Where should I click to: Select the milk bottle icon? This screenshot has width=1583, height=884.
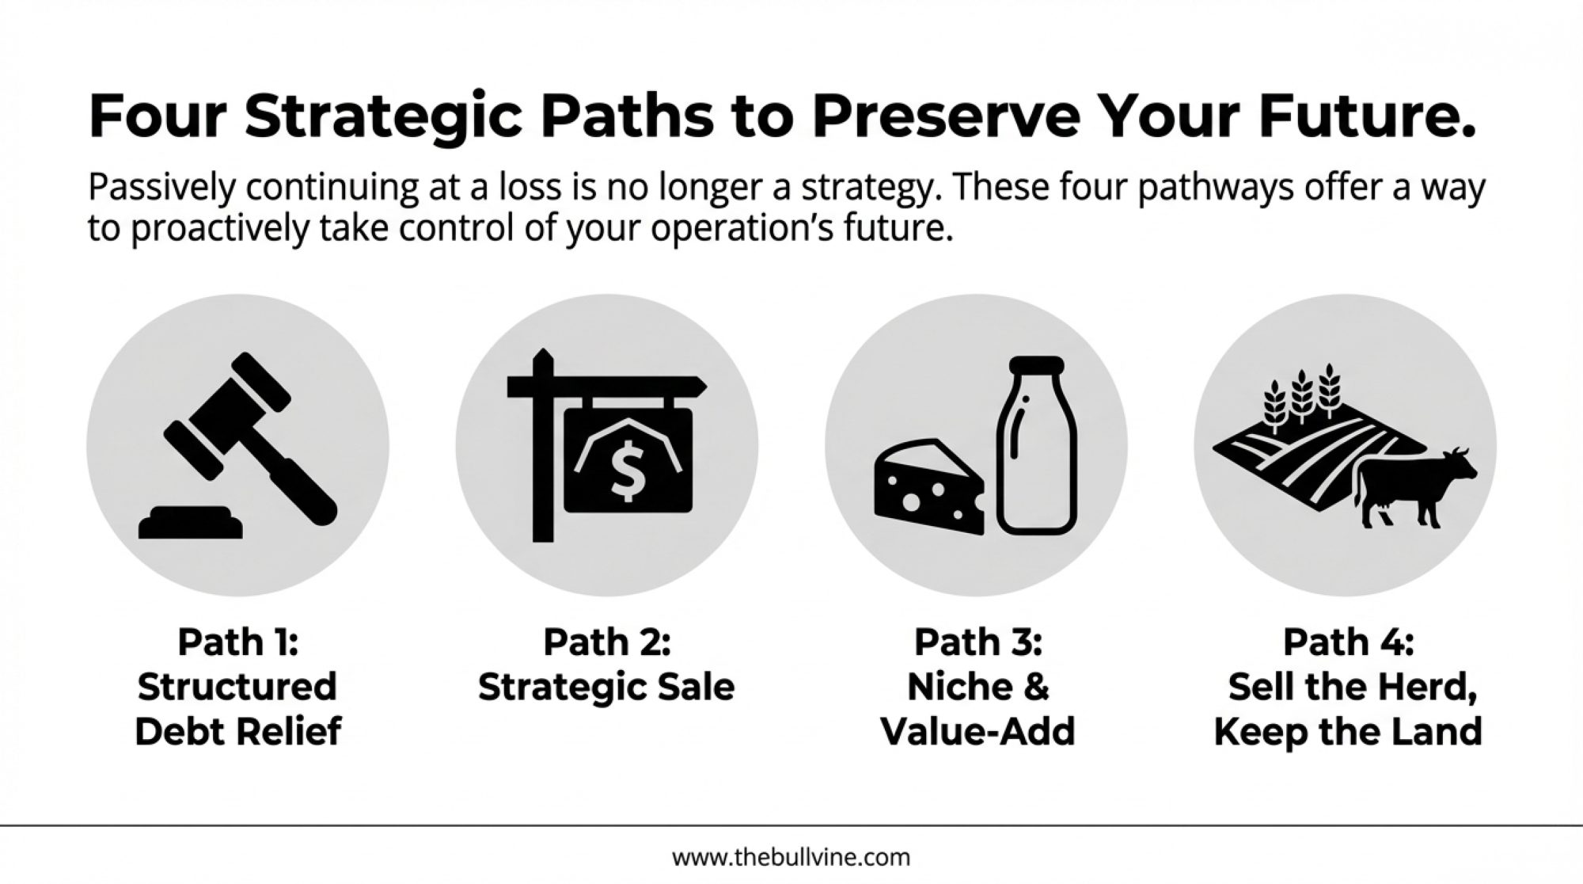[1037, 445]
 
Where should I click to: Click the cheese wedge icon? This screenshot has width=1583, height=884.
[929, 486]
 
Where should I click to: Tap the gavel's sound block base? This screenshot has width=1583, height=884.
[190, 523]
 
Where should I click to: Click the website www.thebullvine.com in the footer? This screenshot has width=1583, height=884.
[791, 856]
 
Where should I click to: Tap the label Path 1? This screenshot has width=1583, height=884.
[237, 642]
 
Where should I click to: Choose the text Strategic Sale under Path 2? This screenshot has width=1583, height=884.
[606, 687]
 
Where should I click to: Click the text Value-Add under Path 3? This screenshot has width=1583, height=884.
[978, 731]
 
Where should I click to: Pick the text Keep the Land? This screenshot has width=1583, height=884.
[1348, 731]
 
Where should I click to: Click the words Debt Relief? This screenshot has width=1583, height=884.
[237, 731]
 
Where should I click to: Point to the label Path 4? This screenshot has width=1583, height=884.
[1348, 642]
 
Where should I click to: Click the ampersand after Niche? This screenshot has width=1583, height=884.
[1035, 687]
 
